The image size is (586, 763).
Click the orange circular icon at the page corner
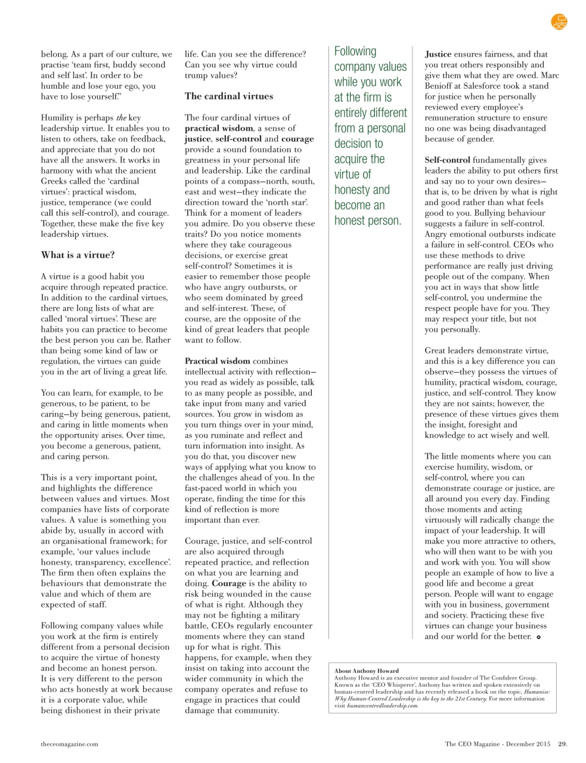pos(559,22)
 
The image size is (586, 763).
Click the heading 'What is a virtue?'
pos(77,255)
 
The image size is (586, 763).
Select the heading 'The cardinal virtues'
pos(228,97)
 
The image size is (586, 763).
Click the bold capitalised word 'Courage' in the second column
pos(228,584)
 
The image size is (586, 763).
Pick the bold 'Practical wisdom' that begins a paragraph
pos(218,361)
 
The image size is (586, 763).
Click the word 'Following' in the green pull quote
pos(355,51)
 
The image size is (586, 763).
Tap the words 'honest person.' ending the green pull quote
pos(367,221)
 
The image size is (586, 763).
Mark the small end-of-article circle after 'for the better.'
pos(538,637)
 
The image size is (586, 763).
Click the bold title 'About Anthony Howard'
pos(367,671)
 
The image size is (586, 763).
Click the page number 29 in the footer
pos(562,743)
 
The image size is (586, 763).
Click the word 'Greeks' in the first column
pos(55,181)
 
